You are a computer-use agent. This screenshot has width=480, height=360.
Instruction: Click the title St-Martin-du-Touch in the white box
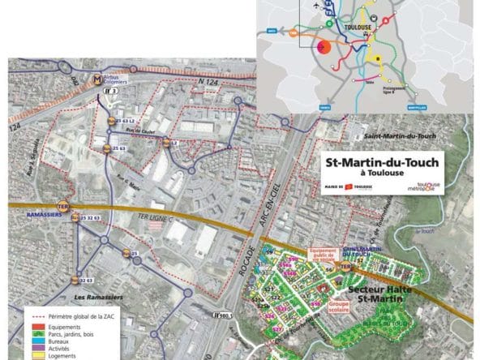point(382,162)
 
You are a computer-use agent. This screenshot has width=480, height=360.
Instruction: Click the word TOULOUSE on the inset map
point(358,26)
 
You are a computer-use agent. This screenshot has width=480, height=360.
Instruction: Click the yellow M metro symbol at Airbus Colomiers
point(97,81)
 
